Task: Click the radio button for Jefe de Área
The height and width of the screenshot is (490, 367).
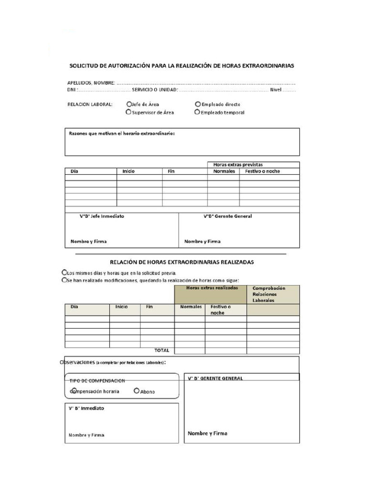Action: coord(129,104)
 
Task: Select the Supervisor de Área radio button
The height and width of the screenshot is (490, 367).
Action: coord(128,112)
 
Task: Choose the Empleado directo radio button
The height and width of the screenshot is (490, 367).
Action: coord(198,104)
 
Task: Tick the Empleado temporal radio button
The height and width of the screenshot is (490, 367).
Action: coord(197,112)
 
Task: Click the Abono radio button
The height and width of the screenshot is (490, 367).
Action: coord(137,391)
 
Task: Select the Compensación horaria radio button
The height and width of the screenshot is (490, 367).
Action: coord(74,391)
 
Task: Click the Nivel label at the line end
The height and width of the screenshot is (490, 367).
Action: coord(276,89)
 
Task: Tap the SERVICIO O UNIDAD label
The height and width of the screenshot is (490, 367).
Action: coord(155,89)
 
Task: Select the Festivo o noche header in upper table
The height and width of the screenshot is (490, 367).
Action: coord(262,171)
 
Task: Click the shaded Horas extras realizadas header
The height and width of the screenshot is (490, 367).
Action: coord(210,289)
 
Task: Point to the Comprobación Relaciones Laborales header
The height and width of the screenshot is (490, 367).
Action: coord(269,294)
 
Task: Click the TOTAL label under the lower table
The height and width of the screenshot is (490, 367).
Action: coord(162,350)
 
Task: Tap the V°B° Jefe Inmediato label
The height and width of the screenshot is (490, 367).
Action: coord(102,216)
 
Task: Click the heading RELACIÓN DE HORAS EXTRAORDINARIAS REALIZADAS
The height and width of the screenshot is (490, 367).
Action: coord(182,262)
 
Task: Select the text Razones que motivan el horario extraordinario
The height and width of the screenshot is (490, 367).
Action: coord(122,134)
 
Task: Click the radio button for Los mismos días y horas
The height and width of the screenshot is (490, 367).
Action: coord(65,272)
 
